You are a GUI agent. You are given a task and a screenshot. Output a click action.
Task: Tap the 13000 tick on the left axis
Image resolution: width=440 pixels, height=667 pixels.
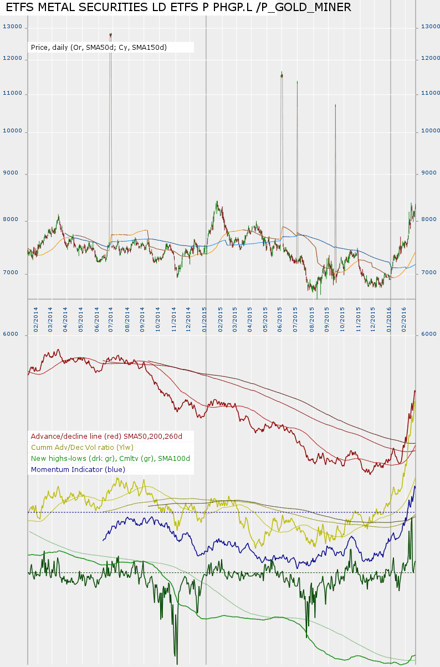coord(12,27)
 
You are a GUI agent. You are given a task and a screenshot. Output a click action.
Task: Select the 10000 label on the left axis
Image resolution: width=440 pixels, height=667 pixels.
coord(12,131)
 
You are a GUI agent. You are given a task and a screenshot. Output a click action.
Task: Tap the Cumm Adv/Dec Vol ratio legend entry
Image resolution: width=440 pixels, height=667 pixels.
coord(82,447)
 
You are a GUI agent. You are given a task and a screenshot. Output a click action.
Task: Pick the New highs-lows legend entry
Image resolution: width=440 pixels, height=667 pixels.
coord(110,458)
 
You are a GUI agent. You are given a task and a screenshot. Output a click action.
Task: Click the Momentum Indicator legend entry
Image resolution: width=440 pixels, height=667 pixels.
coord(78,469)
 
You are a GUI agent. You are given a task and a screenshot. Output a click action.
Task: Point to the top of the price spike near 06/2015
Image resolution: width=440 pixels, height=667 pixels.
coord(282,73)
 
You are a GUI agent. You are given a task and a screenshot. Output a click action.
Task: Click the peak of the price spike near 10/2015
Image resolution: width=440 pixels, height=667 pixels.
coord(335,105)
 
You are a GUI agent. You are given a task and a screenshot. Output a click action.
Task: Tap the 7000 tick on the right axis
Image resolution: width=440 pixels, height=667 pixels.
coord(429,273)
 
